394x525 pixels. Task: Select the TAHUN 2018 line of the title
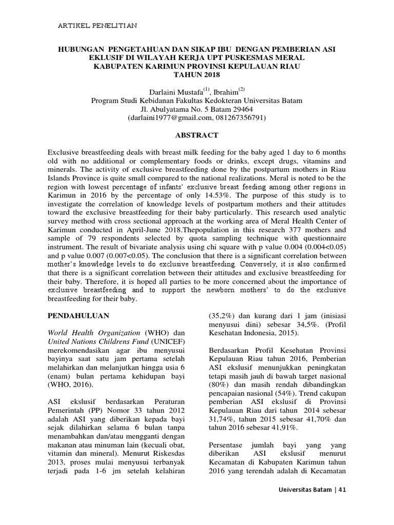197,74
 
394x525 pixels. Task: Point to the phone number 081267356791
238,117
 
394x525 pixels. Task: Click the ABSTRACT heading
197,135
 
